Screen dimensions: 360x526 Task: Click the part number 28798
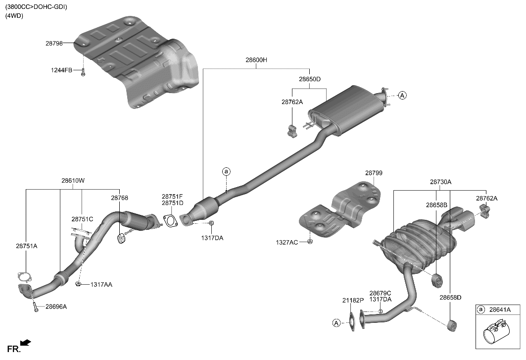[54, 44]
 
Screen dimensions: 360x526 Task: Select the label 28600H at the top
[256, 60]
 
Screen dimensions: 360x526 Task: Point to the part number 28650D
[309, 79]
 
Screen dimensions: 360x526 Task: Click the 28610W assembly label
[73, 181]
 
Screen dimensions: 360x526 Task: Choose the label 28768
[119, 198]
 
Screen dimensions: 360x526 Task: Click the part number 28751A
[26, 246]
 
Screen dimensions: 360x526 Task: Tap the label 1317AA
[101, 285]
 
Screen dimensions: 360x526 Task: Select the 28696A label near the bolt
[56, 307]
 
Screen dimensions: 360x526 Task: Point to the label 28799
[374, 173]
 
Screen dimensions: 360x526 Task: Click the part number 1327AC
[287, 242]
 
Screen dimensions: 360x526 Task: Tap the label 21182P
[352, 301]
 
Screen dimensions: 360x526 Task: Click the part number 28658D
[450, 298]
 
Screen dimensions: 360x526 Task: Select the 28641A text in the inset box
[500, 309]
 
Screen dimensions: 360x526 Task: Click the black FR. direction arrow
[26, 343]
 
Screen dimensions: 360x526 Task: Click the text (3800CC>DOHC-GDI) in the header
[36, 7]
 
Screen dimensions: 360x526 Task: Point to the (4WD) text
[14, 16]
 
